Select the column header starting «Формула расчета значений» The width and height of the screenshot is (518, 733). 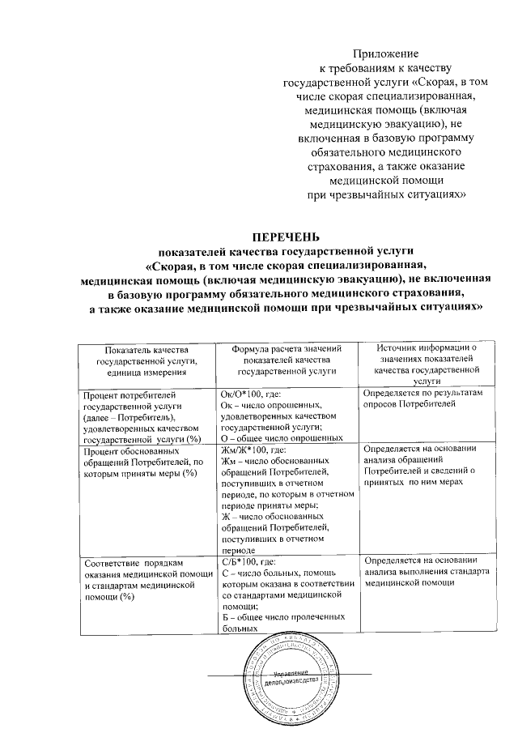[x=287, y=359]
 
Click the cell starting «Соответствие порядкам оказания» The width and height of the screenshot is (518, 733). [x=142, y=577]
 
